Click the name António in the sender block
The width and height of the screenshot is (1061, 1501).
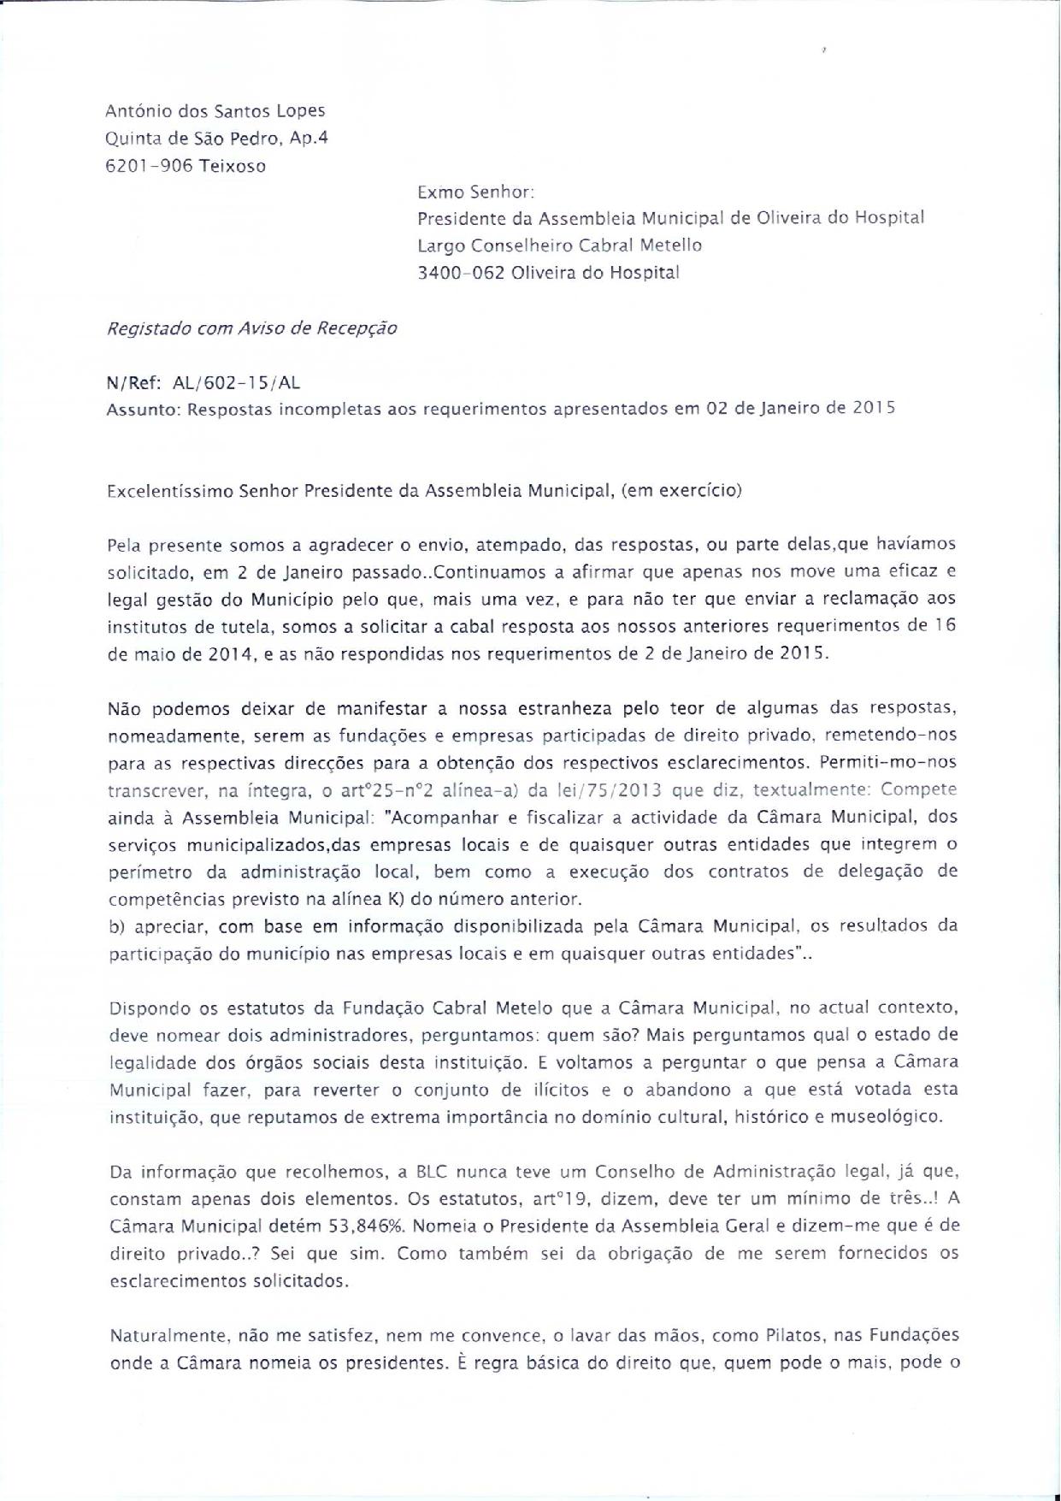click(x=133, y=110)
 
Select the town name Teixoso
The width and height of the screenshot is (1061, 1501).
click(x=233, y=166)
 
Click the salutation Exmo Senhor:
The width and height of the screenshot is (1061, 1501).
click(x=475, y=193)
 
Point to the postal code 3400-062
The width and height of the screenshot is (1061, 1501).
click(x=458, y=273)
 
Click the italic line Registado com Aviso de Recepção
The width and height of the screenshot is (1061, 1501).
click(x=251, y=328)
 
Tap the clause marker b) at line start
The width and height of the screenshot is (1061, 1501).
click(x=117, y=926)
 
